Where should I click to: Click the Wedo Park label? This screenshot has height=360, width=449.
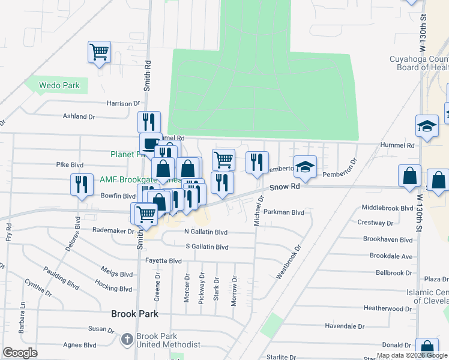click(x=59, y=85)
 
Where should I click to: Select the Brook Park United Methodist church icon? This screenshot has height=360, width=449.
click(x=127, y=340)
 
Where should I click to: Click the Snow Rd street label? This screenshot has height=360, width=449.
click(x=284, y=187)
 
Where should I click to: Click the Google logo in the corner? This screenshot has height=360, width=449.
click(x=20, y=353)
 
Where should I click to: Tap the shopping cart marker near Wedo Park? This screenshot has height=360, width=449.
click(x=99, y=52)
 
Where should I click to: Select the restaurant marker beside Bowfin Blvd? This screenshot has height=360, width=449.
click(x=81, y=184)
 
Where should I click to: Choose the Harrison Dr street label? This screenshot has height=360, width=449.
click(x=123, y=103)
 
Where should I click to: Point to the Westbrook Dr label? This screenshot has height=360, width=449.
click(x=288, y=262)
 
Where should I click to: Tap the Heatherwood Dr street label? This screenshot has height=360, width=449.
click(x=389, y=308)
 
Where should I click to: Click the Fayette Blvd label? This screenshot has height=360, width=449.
click(x=163, y=261)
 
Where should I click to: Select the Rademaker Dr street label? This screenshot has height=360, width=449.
click(x=113, y=230)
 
